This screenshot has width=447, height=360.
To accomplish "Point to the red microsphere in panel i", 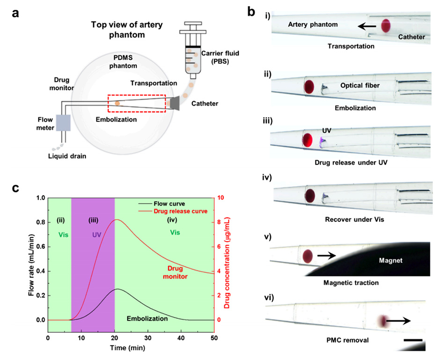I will click(x=386, y=26).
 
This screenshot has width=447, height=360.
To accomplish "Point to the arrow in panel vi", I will click(x=401, y=321).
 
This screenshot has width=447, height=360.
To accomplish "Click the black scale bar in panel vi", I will click(x=413, y=339).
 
